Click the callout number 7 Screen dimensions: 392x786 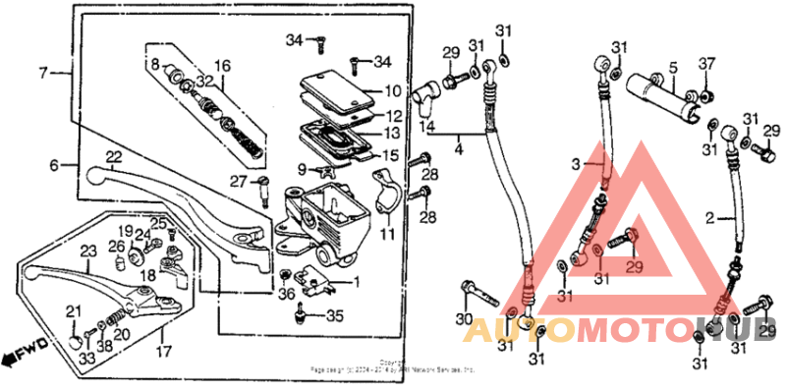pos(43,73)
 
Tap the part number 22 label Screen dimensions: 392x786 pos(114,157)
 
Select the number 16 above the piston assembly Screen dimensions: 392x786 pos(222,66)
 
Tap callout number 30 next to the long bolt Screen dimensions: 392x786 pos(464,319)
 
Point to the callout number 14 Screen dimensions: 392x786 pos(425,127)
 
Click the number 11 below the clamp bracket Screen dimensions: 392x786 pos(386,235)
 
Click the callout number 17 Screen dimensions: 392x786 pos(162,350)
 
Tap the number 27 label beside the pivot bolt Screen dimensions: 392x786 pos(237,181)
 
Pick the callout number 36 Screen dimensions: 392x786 pos(285,293)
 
